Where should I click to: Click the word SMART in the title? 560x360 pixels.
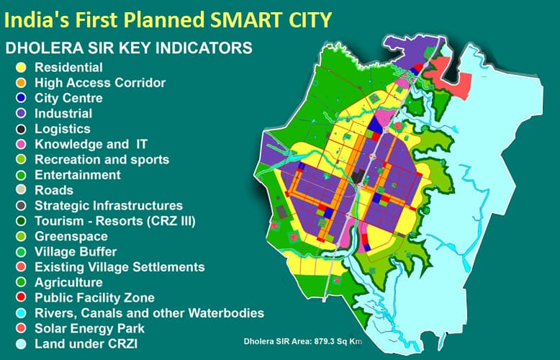(238, 19)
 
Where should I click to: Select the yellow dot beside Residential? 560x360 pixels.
(21, 68)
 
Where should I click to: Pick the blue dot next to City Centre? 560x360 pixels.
(21, 99)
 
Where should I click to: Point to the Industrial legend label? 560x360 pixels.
(63, 114)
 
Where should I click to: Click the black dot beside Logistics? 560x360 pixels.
(21, 129)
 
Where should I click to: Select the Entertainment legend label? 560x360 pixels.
(78, 175)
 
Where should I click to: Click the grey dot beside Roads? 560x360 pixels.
(21, 191)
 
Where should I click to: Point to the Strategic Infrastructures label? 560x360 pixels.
(109, 206)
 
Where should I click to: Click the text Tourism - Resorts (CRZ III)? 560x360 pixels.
(115, 221)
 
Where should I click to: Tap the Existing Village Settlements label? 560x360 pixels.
(119, 267)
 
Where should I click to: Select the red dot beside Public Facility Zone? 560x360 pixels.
(21, 298)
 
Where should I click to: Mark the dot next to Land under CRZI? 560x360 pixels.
(21, 344)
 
